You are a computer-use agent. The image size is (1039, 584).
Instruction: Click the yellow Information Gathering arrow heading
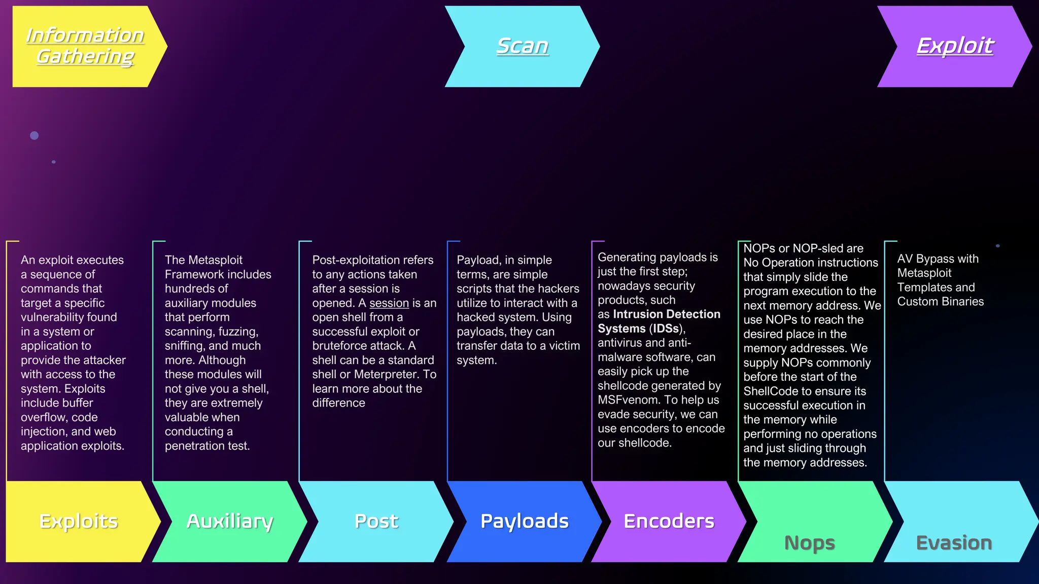tap(85, 46)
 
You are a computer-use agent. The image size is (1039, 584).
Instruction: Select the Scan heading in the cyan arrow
tap(522, 46)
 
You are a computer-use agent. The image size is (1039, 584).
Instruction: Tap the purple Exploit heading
tap(955, 46)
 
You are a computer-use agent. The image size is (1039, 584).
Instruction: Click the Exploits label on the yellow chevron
tap(79, 521)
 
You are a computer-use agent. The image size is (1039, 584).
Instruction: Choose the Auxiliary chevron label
tap(230, 521)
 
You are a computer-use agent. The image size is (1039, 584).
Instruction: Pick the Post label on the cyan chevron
tap(376, 521)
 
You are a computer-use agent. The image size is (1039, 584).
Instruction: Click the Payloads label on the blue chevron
tap(525, 521)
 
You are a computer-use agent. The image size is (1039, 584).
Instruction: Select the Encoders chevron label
tap(669, 521)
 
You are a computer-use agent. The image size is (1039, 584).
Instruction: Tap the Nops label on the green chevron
tap(809, 543)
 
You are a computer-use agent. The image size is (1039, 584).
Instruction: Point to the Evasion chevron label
tap(954, 543)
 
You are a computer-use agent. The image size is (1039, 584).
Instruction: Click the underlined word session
tap(389, 303)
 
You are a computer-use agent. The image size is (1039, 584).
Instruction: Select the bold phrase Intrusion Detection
tap(667, 314)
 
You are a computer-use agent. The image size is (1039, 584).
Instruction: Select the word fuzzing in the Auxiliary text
tap(238, 332)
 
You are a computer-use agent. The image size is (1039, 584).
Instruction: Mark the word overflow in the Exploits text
tap(42, 418)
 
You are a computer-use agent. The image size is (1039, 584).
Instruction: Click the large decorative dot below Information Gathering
tap(34, 135)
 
